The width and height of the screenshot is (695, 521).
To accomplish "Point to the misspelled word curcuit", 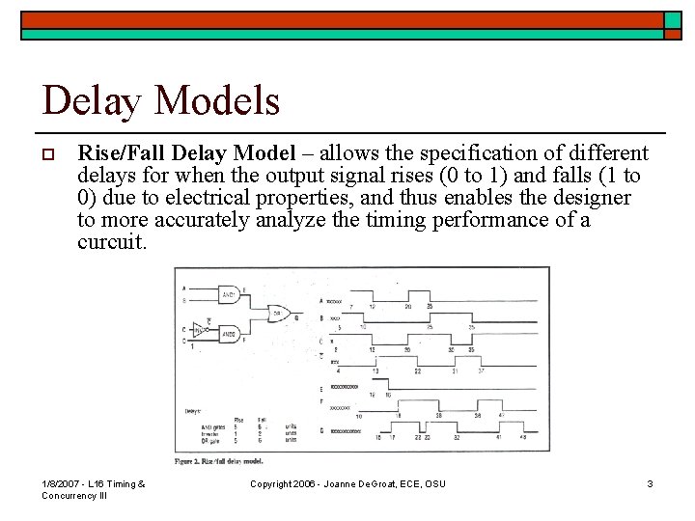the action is (x=112, y=243).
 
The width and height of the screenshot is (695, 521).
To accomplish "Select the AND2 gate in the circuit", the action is (x=230, y=336).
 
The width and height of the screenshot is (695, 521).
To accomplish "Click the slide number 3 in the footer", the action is (x=650, y=483).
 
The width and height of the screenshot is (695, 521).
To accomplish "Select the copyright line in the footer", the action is (x=347, y=483).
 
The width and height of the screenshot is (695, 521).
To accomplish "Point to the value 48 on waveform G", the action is (x=522, y=437).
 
